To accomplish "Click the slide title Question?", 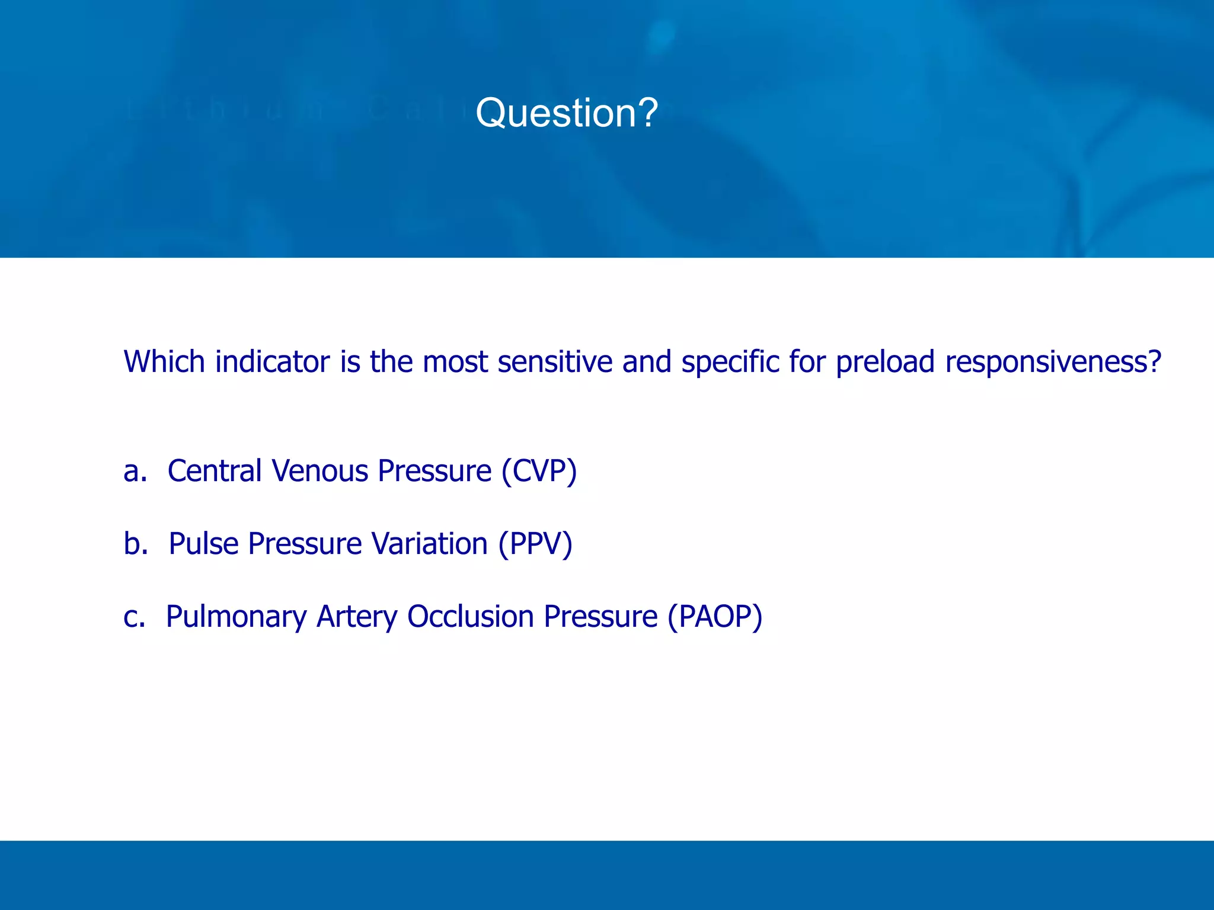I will coord(566,113).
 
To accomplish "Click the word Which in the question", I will coord(164,361).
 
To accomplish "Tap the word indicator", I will coord(272,361).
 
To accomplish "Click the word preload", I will coord(885,363).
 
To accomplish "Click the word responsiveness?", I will coord(1053,363).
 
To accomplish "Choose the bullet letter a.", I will coord(135,472).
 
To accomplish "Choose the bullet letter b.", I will coord(136,544).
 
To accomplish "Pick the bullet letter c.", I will coord(135,617).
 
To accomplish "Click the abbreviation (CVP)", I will coord(539,472).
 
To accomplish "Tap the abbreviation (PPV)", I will coord(535,544).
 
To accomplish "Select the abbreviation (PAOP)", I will coord(715,617).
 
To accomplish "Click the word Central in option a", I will coord(215,472).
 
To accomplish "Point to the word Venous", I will coord(320,472).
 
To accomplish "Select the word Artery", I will coord(357,617).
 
